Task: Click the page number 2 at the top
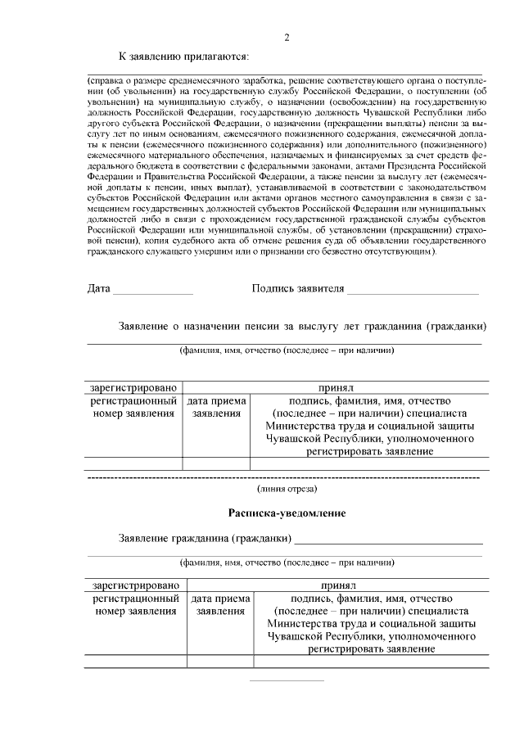287,38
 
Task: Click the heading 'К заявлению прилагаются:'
183,56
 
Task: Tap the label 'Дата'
99,288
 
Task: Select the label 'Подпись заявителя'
296,288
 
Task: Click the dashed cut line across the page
287,476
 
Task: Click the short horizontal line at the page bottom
287,680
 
